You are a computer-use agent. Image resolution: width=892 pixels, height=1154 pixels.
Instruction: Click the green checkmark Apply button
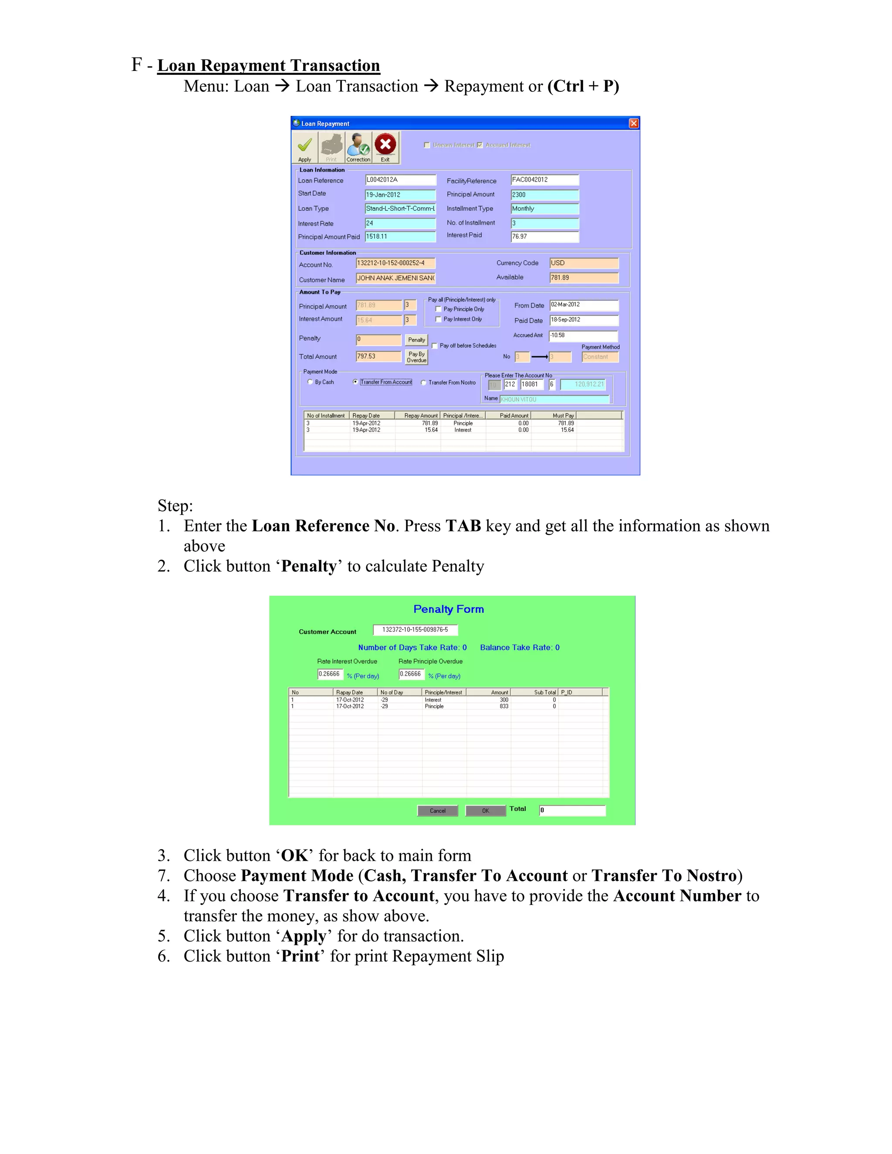[305, 146]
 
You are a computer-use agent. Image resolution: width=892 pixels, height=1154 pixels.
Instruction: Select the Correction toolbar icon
[358, 146]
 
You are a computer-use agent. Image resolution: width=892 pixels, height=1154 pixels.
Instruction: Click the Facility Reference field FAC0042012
[544, 180]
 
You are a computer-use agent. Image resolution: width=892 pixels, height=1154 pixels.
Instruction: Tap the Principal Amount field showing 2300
[544, 195]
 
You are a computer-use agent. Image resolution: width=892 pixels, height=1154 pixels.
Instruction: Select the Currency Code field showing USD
[583, 263]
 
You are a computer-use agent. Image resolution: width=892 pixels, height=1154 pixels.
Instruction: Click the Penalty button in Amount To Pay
[416, 340]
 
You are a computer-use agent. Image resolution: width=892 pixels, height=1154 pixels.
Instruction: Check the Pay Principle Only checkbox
[438, 309]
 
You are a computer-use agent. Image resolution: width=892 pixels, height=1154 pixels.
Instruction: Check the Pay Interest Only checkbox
[438, 319]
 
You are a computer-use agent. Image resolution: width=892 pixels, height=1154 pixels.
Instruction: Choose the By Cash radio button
[310, 382]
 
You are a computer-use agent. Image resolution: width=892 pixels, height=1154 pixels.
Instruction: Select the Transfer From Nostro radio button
[423, 382]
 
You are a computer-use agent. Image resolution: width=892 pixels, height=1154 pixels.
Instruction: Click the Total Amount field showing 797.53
[378, 357]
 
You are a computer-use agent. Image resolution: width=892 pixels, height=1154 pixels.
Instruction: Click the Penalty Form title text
[448, 609]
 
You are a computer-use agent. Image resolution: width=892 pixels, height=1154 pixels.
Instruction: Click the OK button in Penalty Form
[485, 810]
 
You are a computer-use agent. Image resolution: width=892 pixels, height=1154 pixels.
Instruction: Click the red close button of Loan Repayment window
[634, 124]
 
